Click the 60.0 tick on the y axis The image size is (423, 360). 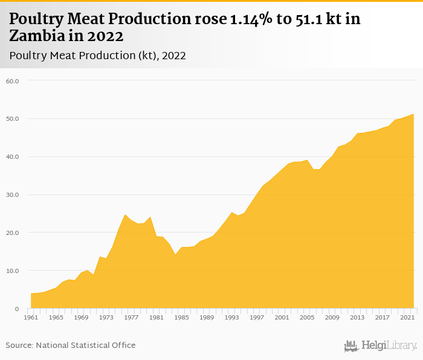[13, 81]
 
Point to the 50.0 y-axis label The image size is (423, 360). [13, 119]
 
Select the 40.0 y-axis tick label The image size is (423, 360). [13, 157]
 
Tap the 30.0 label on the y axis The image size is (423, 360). [13, 195]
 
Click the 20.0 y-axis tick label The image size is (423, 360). [13, 233]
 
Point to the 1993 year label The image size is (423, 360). [231, 317]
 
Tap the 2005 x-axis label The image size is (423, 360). [307, 317]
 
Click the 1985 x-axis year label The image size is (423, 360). [181, 317]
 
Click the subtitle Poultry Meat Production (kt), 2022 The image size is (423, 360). [97, 56]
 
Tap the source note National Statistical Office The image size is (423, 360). [71, 345]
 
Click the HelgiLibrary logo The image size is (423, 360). [380, 346]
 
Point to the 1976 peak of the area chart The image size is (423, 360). [125, 215]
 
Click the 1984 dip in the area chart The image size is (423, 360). [175, 254]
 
